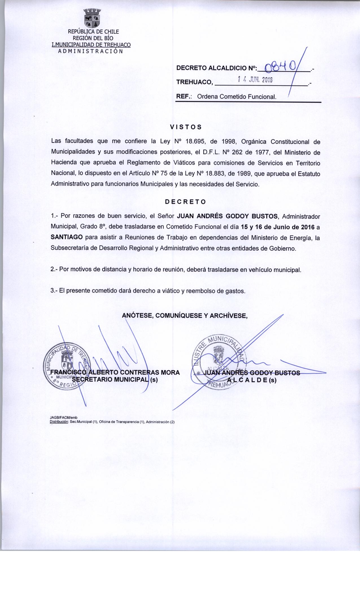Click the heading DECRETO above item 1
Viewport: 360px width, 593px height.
click(x=185, y=202)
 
